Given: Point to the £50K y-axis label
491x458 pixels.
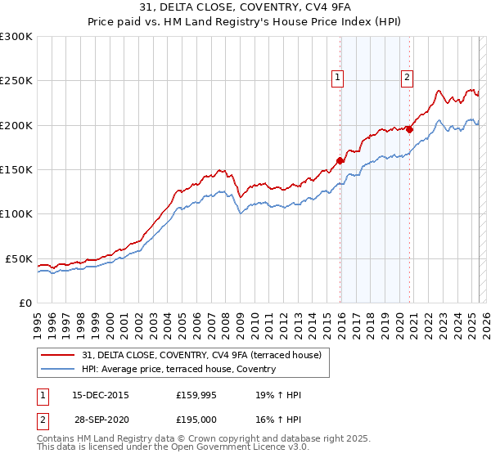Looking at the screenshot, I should click(x=18, y=258).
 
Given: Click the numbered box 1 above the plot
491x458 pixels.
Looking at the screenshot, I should click(x=337, y=78).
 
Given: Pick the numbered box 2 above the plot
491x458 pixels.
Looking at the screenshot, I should click(x=407, y=78).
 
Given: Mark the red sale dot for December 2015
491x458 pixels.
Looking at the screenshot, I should click(x=340, y=161).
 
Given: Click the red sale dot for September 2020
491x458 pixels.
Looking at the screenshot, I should click(x=409, y=129).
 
